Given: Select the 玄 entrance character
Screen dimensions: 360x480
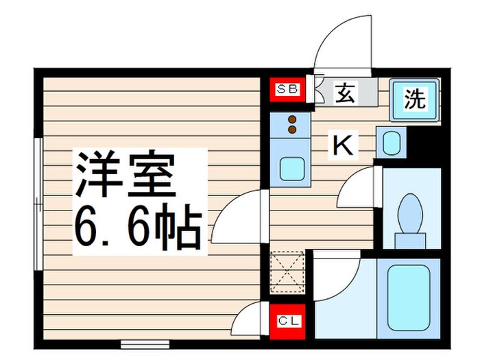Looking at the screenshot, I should coord(344,93).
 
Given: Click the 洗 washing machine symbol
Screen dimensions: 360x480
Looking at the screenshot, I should coord(414,100).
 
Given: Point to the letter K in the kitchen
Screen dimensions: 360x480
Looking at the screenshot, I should coord(343,145).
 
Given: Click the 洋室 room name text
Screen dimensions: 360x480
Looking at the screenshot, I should coord(125,174).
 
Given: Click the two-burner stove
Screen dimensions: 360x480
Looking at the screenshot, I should coord(292,125).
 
